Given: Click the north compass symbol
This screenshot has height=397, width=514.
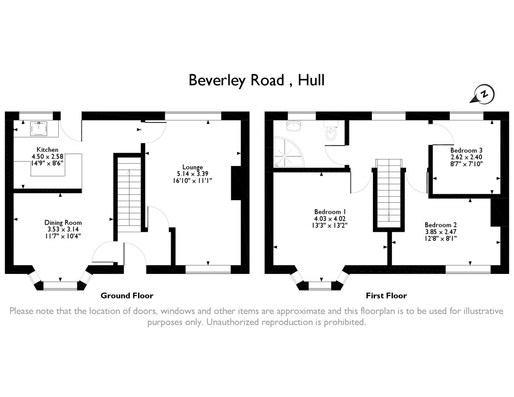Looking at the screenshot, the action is click(483, 95).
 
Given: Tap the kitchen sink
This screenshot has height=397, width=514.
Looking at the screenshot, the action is click(39, 128).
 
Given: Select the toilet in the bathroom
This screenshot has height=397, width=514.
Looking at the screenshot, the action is click(331, 130).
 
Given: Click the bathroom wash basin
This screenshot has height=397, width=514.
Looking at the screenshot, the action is click(293, 126).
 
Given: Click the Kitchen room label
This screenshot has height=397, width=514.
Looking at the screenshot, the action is click(48, 150).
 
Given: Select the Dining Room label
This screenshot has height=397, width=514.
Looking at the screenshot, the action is click(63, 223).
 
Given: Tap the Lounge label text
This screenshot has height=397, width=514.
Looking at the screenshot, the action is click(192, 167).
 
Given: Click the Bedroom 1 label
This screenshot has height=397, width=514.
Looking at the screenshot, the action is click(330, 212).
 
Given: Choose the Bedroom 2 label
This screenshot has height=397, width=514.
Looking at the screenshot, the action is click(441, 225).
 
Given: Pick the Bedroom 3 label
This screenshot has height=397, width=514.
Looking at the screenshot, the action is click(466, 150).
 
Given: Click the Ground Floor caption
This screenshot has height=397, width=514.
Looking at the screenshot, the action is click(127, 296).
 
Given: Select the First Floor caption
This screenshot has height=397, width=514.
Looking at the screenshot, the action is click(386, 296).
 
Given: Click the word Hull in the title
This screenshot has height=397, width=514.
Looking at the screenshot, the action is click(311, 80).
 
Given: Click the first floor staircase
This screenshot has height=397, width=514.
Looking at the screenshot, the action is click(389, 193).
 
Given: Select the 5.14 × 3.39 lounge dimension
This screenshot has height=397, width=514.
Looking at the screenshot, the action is click(192, 174).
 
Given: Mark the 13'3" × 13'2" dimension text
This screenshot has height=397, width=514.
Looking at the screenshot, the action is click(330, 225).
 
